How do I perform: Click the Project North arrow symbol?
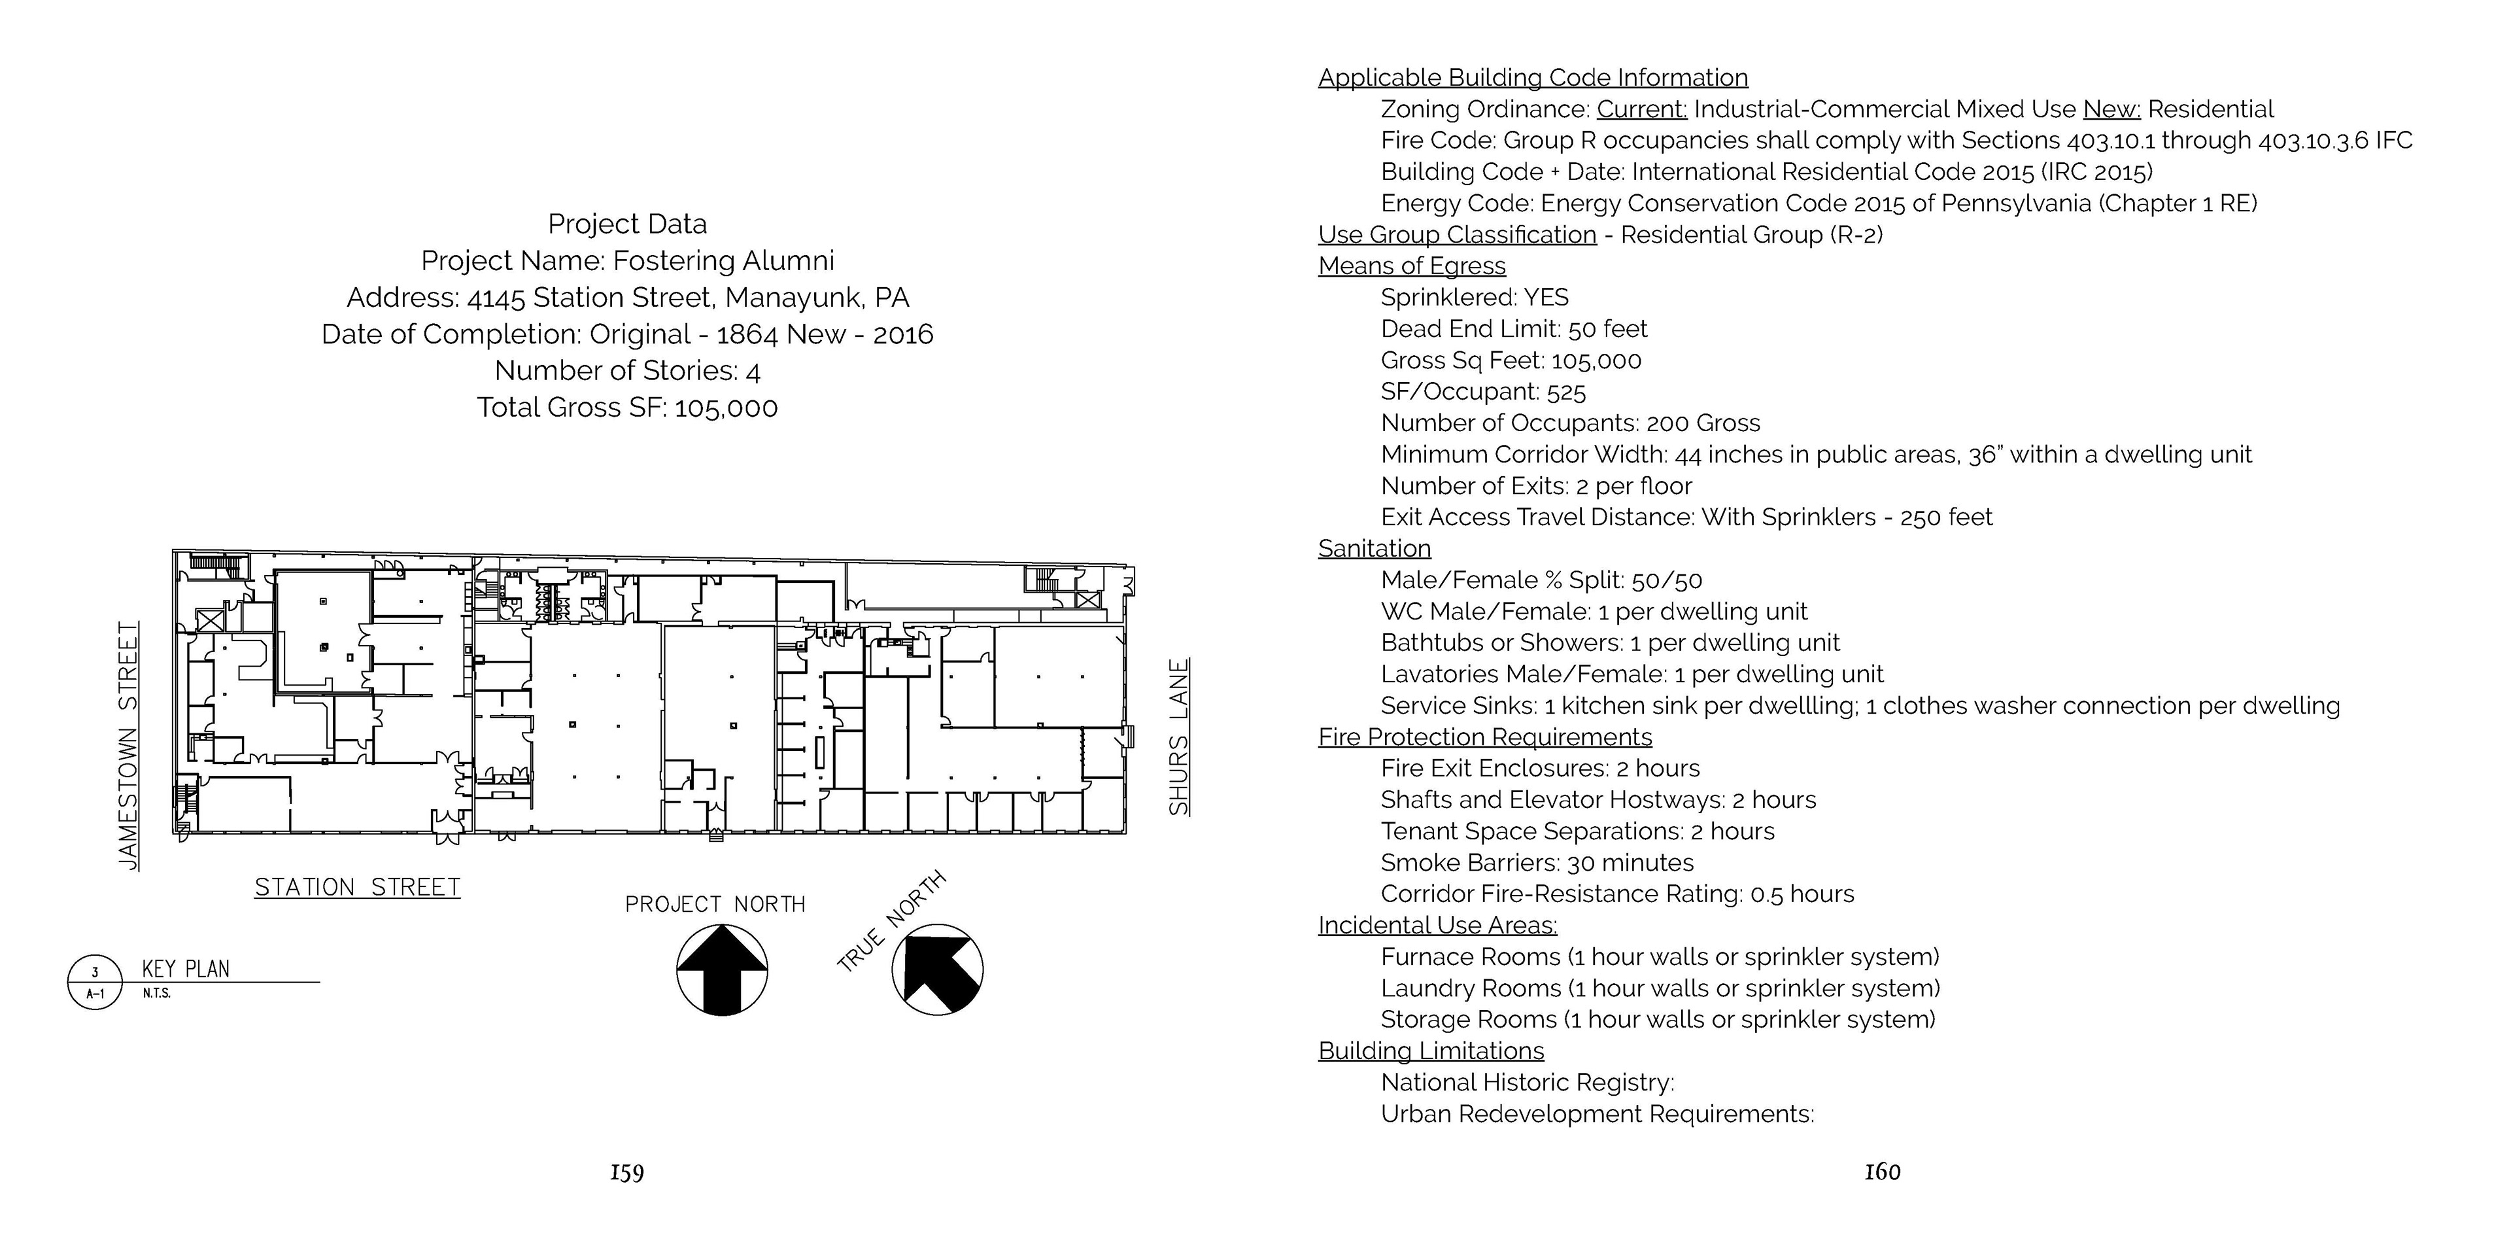[x=723, y=969]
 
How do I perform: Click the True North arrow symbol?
[x=937, y=969]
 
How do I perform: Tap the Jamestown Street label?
[x=128, y=746]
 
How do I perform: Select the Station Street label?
[x=357, y=888]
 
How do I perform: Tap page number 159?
[x=627, y=1172]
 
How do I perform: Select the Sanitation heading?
[x=1375, y=548]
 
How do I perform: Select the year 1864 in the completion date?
[x=747, y=334]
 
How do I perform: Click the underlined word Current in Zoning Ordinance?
[x=1641, y=109]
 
